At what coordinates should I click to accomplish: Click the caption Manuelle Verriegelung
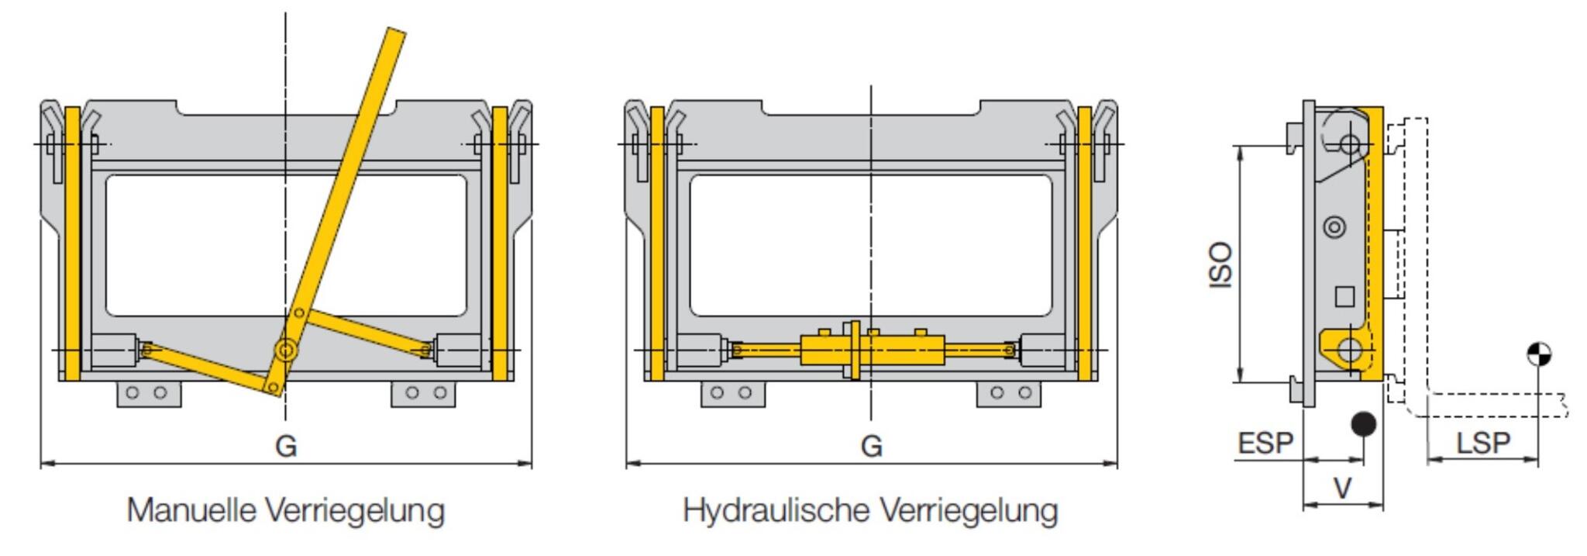click(286, 510)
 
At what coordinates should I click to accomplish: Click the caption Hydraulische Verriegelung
click(869, 510)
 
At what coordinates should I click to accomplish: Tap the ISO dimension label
click(1221, 264)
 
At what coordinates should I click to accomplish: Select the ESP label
click(1265, 444)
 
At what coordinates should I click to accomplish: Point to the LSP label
click(1483, 444)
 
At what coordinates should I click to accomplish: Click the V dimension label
click(1342, 489)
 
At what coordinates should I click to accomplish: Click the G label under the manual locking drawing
click(286, 446)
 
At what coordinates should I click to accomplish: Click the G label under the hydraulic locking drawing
click(872, 446)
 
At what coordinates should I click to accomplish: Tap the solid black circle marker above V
click(1363, 424)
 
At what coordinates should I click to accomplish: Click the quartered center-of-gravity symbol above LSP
click(1538, 354)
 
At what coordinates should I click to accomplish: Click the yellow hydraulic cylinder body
click(825, 351)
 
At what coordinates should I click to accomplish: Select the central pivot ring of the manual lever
click(287, 351)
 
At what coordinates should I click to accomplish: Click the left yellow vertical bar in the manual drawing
click(72, 243)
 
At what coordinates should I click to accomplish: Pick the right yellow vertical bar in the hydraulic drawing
click(1084, 243)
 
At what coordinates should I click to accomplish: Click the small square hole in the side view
click(1344, 296)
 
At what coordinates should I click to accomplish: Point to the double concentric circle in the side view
click(1334, 227)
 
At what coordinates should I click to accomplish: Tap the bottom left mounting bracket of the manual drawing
click(149, 393)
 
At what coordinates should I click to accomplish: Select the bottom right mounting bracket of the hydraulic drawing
click(1007, 393)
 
